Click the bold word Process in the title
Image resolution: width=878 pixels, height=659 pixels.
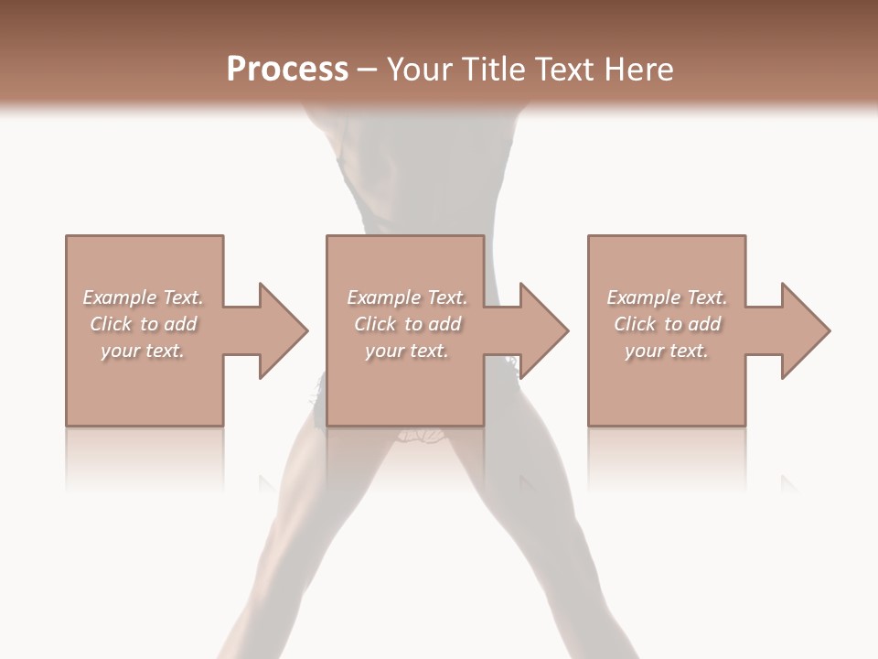pyautogui.click(x=287, y=70)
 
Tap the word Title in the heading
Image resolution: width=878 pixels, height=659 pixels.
pyautogui.click(x=492, y=70)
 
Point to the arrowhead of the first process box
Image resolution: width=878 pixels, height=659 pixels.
pyautogui.click(x=283, y=330)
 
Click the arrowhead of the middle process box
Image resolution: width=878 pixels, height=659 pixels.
pyautogui.click(x=544, y=330)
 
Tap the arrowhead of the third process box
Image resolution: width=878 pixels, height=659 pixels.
pyautogui.click(x=805, y=330)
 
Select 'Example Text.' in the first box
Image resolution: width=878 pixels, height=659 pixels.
pyautogui.click(x=143, y=297)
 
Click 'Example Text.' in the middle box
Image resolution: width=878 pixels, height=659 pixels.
pyautogui.click(x=407, y=297)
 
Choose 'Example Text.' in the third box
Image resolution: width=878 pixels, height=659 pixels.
pyautogui.click(x=667, y=297)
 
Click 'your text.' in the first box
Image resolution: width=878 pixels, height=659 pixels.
pyautogui.click(x=143, y=351)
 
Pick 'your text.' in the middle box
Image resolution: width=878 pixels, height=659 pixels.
pyautogui.click(x=407, y=351)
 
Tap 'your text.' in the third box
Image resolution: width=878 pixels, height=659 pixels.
pyautogui.click(x=667, y=351)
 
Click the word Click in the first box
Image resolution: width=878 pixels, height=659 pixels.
pyautogui.click(x=111, y=324)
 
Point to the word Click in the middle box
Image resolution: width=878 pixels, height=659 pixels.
pyautogui.click(x=375, y=324)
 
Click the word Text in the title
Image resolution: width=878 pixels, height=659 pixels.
pyautogui.click(x=563, y=70)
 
